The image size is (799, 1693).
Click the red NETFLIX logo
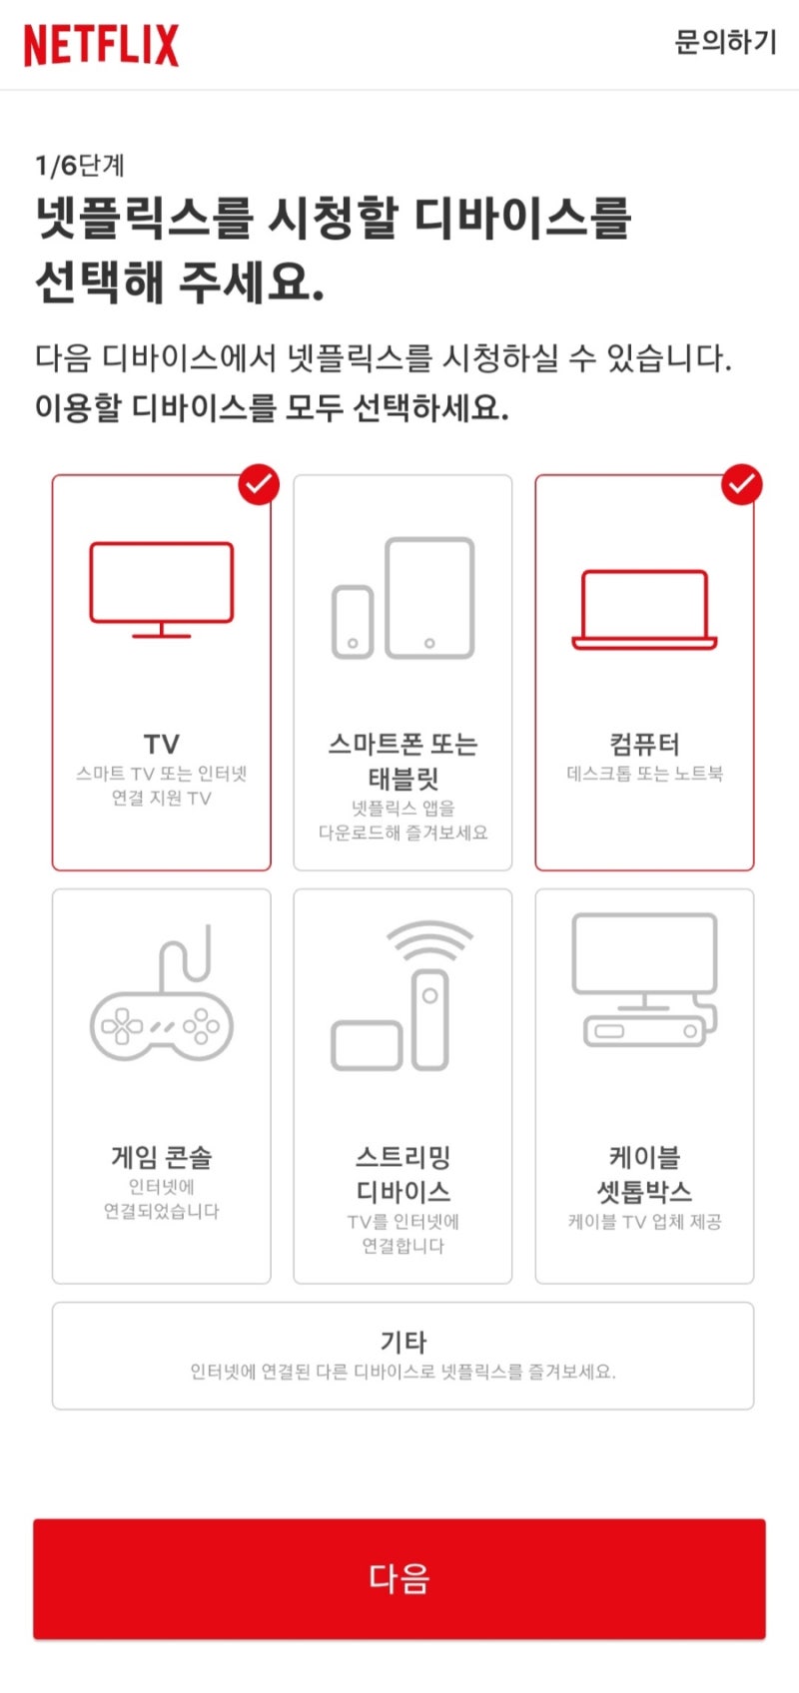[101, 45]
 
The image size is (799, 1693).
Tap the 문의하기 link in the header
[725, 43]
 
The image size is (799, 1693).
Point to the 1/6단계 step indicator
[80, 166]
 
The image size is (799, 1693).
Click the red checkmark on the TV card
[259, 484]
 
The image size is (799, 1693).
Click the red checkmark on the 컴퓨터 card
[741, 484]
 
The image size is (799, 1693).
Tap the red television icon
[162, 589]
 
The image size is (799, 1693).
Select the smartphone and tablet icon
[402, 598]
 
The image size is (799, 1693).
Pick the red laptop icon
[644, 610]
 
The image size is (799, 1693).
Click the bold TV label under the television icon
[162, 744]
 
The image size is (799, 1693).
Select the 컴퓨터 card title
[644, 744]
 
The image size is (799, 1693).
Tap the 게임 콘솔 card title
[162, 1157]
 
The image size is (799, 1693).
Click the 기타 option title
[402, 1342]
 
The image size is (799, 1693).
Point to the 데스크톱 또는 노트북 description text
[644, 774]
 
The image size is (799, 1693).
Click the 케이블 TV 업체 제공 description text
[644, 1222]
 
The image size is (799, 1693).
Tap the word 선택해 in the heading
[98, 281]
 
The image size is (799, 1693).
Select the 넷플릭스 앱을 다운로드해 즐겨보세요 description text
[402, 820]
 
